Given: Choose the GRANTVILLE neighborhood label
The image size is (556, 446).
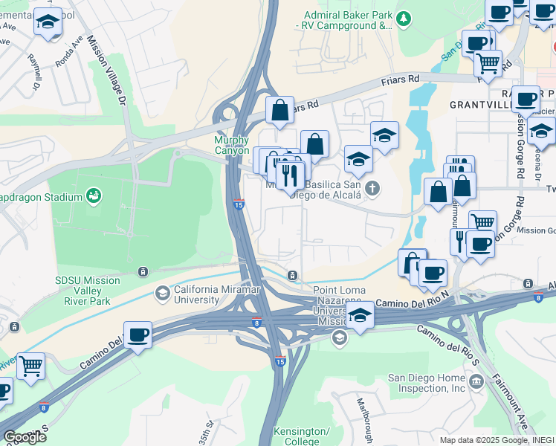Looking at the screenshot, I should (x=479, y=105).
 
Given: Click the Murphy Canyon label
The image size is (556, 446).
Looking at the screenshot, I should (x=231, y=145).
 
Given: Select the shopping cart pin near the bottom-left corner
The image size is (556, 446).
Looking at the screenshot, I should (x=30, y=365).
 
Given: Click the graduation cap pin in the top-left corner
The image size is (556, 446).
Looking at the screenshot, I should (x=48, y=22).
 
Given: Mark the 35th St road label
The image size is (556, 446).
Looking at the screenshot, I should (x=205, y=433).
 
